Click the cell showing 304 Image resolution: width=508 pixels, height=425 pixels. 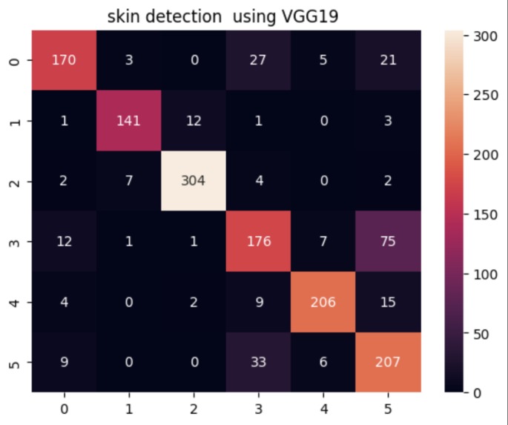tap(194, 182)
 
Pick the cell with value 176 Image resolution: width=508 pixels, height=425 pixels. tap(259, 243)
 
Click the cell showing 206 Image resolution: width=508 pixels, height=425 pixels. tap(324, 303)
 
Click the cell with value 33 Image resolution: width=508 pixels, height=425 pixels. tap(259, 363)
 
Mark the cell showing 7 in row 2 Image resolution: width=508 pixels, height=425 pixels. tap(129, 182)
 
